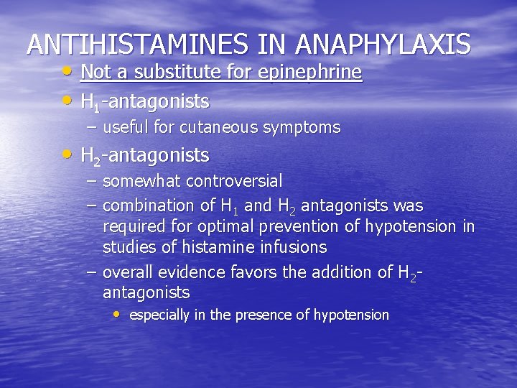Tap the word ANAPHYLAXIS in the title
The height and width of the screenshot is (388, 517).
[384, 45]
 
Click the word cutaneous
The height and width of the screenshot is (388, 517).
[220, 128]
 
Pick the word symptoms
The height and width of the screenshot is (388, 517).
[303, 128]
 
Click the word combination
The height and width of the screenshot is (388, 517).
[148, 206]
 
